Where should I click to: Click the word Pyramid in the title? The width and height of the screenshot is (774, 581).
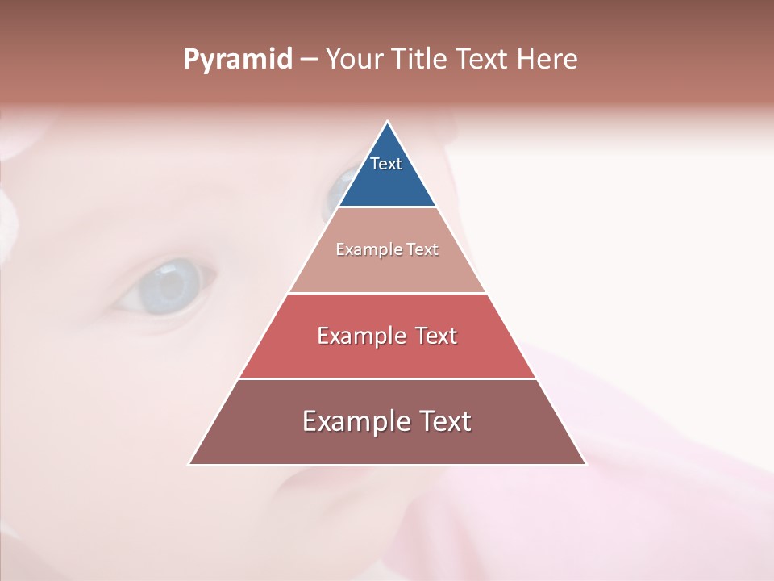[237, 60]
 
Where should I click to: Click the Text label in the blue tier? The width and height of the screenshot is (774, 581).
[386, 165]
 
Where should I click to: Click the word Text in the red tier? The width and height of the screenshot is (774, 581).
[436, 336]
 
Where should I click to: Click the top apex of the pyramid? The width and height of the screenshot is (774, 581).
[387, 122]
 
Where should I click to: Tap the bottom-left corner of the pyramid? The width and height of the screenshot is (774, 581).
[189, 464]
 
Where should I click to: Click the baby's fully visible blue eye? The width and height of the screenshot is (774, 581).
[167, 286]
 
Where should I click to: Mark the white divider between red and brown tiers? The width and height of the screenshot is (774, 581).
[387, 378]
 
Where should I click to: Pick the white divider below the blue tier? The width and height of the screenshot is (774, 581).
[387, 207]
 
